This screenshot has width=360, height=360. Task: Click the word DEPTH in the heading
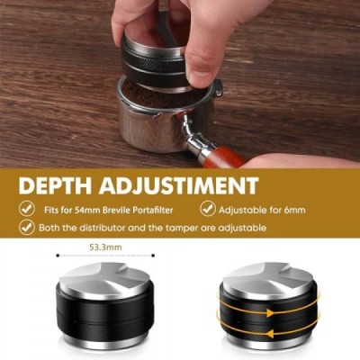(x=55, y=186)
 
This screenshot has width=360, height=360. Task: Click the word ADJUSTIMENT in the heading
(x=179, y=186)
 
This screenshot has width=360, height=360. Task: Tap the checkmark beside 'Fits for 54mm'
(x=27, y=209)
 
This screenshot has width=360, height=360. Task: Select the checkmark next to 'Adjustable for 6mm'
(x=208, y=209)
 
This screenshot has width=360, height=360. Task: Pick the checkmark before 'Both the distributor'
(x=27, y=228)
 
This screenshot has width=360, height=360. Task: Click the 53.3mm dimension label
(x=105, y=247)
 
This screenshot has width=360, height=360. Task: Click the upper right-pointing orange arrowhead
(x=271, y=313)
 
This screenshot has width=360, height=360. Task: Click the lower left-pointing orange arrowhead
(x=271, y=332)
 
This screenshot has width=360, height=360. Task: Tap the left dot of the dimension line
(x=58, y=256)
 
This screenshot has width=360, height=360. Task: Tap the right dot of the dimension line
(x=153, y=256)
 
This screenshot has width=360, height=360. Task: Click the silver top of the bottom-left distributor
(x=105, y=278)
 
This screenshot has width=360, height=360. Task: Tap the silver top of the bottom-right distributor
(x=268, y=278)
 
